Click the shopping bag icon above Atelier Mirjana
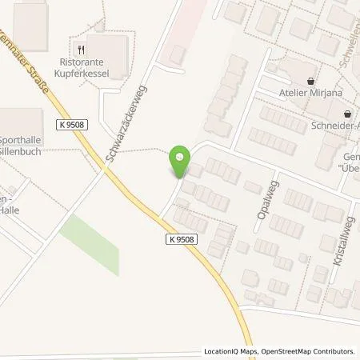click(310, 80)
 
